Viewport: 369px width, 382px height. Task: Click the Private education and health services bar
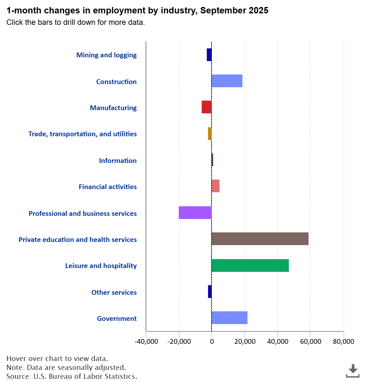tap(260, 239)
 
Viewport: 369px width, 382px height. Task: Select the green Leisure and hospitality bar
tap(250, 265)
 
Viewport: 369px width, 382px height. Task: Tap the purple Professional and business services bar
tap(195, 213)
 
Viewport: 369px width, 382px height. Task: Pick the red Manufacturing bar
tap(206, 107)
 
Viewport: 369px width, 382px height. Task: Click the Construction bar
tap(227, 81)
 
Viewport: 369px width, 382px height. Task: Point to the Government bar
tap(229, 318)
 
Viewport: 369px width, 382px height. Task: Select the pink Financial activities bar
tap(215, 186)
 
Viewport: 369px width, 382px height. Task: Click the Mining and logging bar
tap(209, 55)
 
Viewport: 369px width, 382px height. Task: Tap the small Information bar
tap(212, 160)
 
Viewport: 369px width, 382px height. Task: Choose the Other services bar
tap(210, 292)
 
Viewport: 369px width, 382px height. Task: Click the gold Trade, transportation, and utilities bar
tap(210, 134)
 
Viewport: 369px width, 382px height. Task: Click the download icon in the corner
tap(353, 371)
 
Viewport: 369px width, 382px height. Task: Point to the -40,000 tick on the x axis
tap(146, 342)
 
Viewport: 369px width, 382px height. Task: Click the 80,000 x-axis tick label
tap(343, 342)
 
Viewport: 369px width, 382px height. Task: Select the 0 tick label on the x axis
tap(212, 342)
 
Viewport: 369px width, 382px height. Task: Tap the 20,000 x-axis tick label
tap(245, 342)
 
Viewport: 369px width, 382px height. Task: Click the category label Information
tap(118, 160)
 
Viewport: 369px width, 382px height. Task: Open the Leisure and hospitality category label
tap(101, 265)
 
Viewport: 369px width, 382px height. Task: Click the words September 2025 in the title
tap(234, 11)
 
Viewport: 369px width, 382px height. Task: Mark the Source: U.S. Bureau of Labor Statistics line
tap(72, 376)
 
